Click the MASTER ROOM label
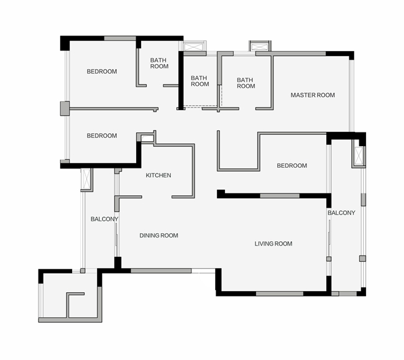[x=313, y=95]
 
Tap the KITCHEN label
[x=158, y=175]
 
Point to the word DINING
[x=149, y=236]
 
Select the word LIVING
[x=263, y=244]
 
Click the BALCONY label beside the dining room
[x=104, y=219]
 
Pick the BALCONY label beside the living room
[x=341, y=213]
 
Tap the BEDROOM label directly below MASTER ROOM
[x=292, y=165]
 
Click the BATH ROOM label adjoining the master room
[x=246, y=83]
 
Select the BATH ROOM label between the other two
[x=200, y=81]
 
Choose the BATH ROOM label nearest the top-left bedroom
[x=159, y=63]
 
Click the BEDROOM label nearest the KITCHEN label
[x=102, y=136]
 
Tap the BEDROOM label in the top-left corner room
[x=102, y=72]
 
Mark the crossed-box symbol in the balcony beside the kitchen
[x=86, y=180]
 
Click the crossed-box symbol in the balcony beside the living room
[x=359, y=157]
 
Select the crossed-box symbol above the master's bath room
[x=260, y=47]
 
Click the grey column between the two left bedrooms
[x=65, y=108]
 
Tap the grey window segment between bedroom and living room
[x=280, y=196]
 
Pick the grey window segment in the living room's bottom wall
[x=280, y=293]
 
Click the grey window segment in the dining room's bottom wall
[x=161, y=271]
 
